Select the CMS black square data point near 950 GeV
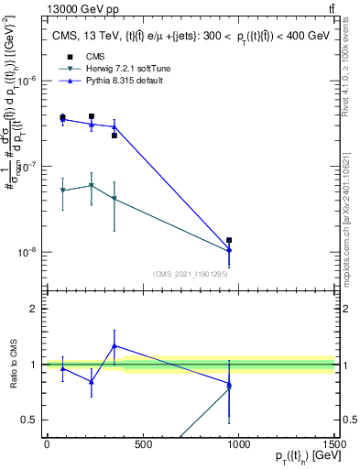point(229,240)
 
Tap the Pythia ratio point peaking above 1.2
point(114,346)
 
